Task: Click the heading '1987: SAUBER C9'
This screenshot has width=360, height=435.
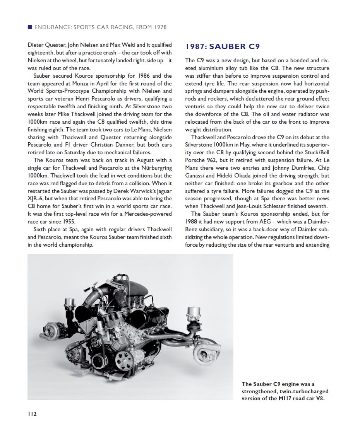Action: click(x=222, y=47)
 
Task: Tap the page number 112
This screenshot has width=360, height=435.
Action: click(x=32, y=414)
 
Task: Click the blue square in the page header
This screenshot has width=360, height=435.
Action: click(x=30, y=27)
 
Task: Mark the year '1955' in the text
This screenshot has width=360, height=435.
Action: click(x=69, y=222)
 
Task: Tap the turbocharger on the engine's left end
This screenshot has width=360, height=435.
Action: click(x=52, y=331)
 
